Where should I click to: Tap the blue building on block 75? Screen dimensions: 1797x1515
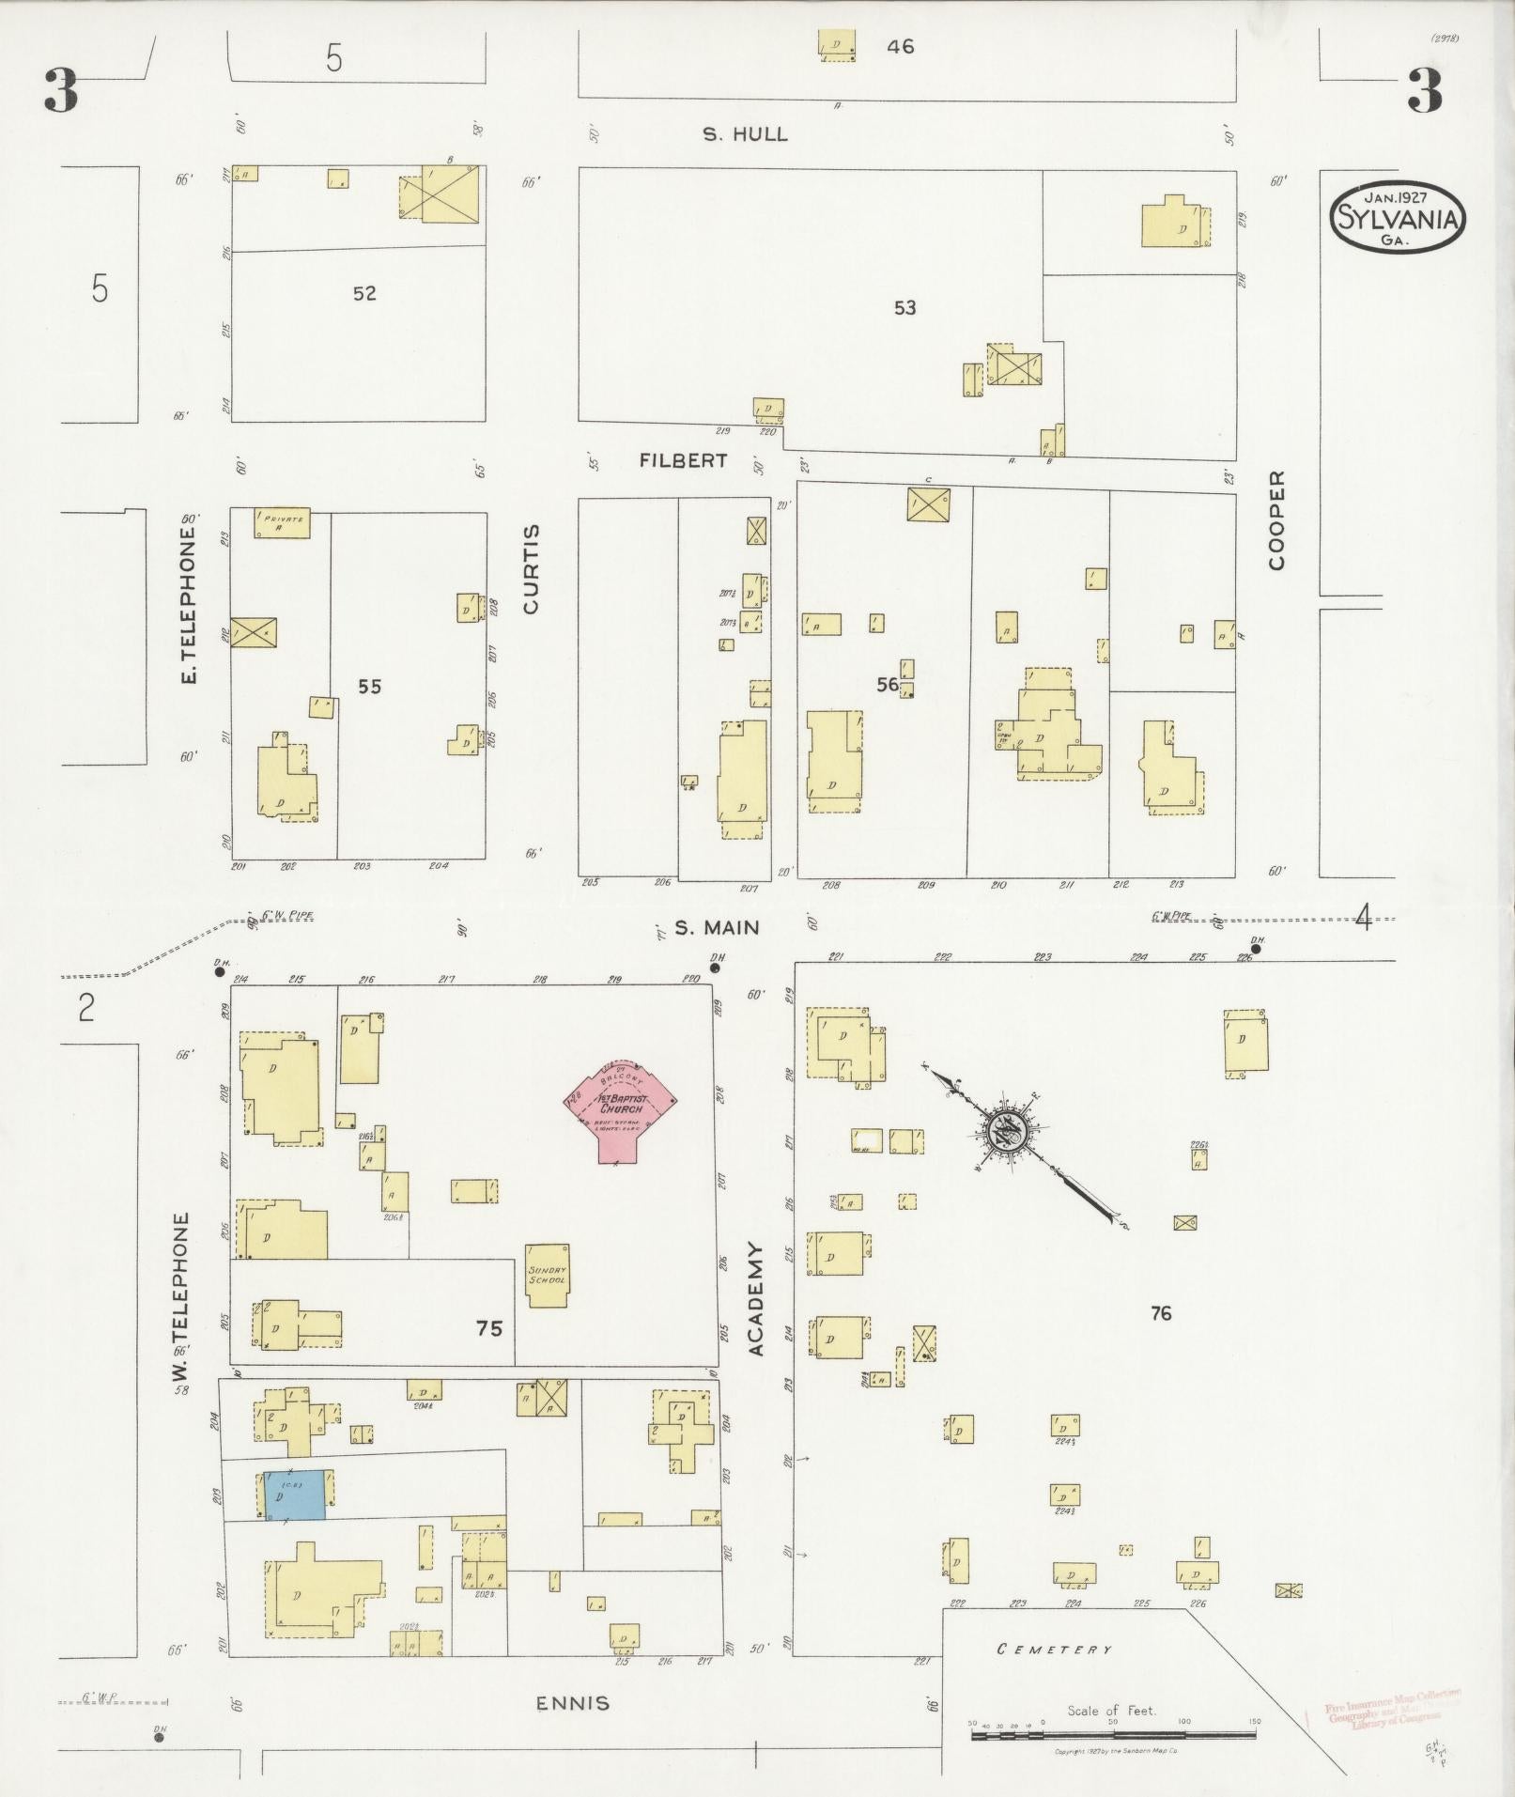pos(295,1495)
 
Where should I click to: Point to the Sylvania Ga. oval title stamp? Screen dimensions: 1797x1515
pos(1397,217)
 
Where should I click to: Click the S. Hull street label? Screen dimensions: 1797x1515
pos(745,134)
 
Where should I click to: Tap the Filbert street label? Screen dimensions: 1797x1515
pos(683,460)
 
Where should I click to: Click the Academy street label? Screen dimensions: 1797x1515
pos(756,1299)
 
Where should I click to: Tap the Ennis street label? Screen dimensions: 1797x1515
pos(572,1703)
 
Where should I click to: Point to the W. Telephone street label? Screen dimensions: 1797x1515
pos(180,1297)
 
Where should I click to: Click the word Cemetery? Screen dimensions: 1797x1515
pos(1054,1649)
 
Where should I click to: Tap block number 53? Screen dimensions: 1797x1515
pos(904,307)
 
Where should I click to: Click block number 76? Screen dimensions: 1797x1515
pos(1161,1313)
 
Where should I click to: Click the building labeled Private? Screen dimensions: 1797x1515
pos(282,523)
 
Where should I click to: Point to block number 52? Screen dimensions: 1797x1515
pos(364,293)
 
